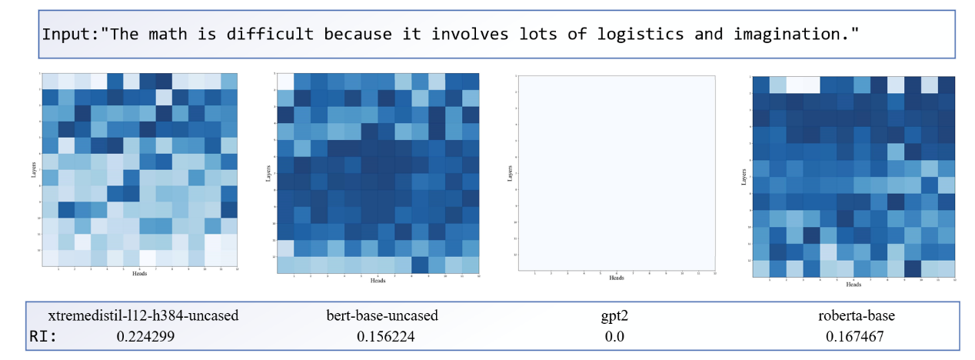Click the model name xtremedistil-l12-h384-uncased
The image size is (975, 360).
pyautogui.click(x=144, y=315)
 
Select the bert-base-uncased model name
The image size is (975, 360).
pyautogui.click(x=382, y=315)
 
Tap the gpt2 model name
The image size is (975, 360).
pyautogui.click(x=614, y=315)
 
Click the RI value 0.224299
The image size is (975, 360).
pyautogui.click(x=143, y=336)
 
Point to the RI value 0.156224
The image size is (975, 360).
pyautogui.click(x=382, y=336)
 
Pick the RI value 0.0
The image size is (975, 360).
pyautogui.click(x=614, y=336)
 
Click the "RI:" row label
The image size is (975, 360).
pyautogui.click(x=43, y=336)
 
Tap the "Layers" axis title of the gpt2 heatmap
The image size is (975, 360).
pyautogui.click(x=510, y=174)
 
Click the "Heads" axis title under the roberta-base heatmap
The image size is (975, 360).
pyautogui.click(x=854, y=284)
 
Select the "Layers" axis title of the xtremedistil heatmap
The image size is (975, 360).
pyautogui.click(x=35, y=169)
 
